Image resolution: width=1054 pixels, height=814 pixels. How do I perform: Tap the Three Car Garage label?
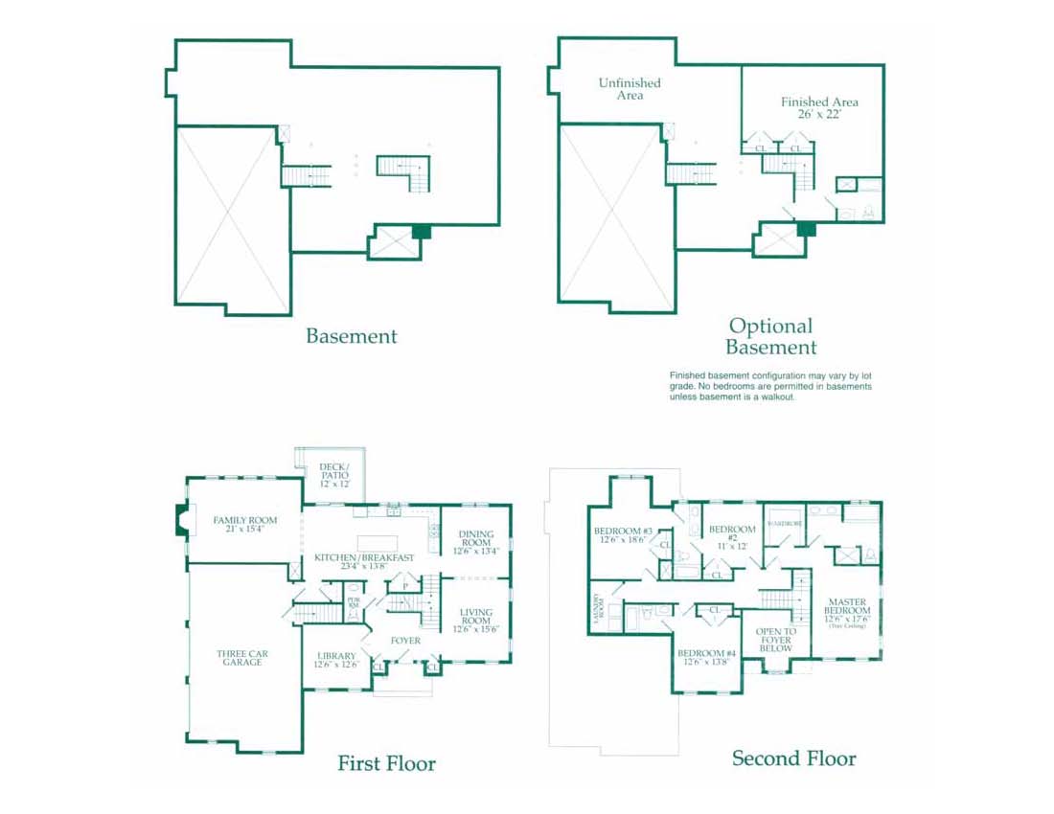(242, 658)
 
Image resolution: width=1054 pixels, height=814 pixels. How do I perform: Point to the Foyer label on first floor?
(404, 641)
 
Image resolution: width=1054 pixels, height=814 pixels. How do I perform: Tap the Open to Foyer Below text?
(775, 640)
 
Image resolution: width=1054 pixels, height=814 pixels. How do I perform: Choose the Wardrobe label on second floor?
(785, 524)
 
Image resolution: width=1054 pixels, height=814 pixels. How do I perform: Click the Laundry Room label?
(598, 609)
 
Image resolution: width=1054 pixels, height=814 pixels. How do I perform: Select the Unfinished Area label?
(630, 89)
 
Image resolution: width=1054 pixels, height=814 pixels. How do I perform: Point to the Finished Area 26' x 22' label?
(819, 107)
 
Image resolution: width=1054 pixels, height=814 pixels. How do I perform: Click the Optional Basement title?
(770, 337)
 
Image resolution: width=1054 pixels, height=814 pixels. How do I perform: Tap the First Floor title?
(386, 763)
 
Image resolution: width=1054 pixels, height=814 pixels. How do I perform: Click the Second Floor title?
(793, 758)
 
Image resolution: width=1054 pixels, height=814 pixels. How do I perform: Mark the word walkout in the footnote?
(777, 396)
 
